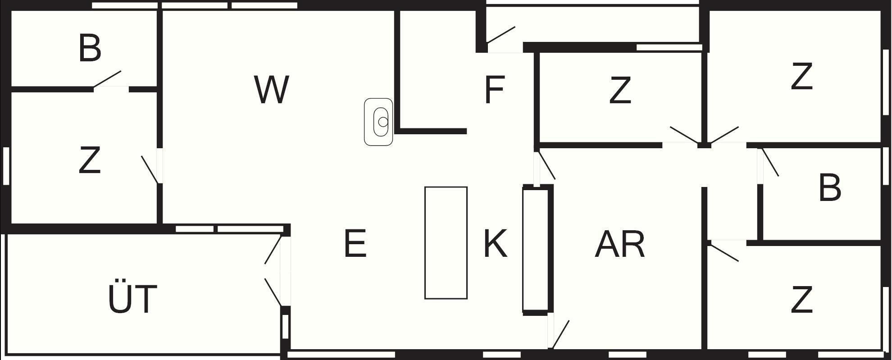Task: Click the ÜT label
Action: click(133, 298)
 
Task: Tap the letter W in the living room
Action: click(271, 90)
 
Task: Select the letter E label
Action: click(355, 244)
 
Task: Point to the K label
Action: click(495, 244)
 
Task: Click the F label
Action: click(494, 90)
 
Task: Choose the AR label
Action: click(620, 245)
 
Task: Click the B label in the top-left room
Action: click(90, 48)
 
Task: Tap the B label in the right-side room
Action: click(829, 188)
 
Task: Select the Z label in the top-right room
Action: click(801, 77)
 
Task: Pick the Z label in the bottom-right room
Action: click(801, 300)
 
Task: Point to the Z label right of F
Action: click(620, 91)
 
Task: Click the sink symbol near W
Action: click(379, 122)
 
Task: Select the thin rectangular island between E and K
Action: click(446, 243)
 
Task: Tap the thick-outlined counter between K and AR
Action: click(536, 249)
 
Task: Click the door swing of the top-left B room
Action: click(107, 78)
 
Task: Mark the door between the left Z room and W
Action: click(150, 169)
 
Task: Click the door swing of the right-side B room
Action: click(770, 162)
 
